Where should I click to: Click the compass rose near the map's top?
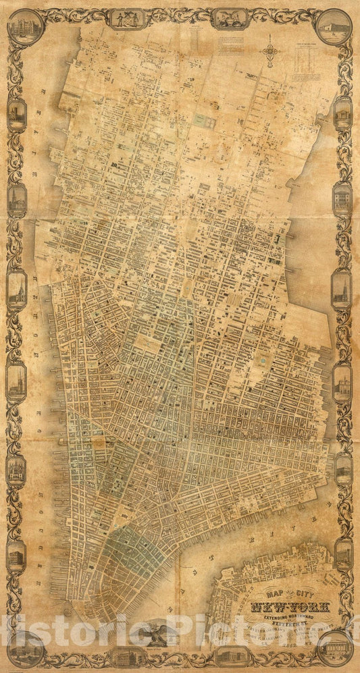pyautogui.click(x=270, y=51)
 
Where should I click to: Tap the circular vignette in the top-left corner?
pyautogui.click(x=26, y=26)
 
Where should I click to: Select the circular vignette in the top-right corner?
pyautogui.click(x=334, y=26)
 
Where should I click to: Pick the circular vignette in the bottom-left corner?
pyautogui.click(x=26, y=649)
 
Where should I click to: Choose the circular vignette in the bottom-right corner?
pyautogui.click(x=335, y=649)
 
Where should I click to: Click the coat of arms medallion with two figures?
pyautogui.click(x=128, y=18)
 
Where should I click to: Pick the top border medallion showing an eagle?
pyautogui.click(x=230, y=18)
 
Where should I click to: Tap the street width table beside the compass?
pyautogui.click(x=310, y=64)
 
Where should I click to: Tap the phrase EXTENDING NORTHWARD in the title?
pyautogui.click(x=279, y=617)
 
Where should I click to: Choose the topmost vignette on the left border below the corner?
pyautogui.click(x=17, y=113)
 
